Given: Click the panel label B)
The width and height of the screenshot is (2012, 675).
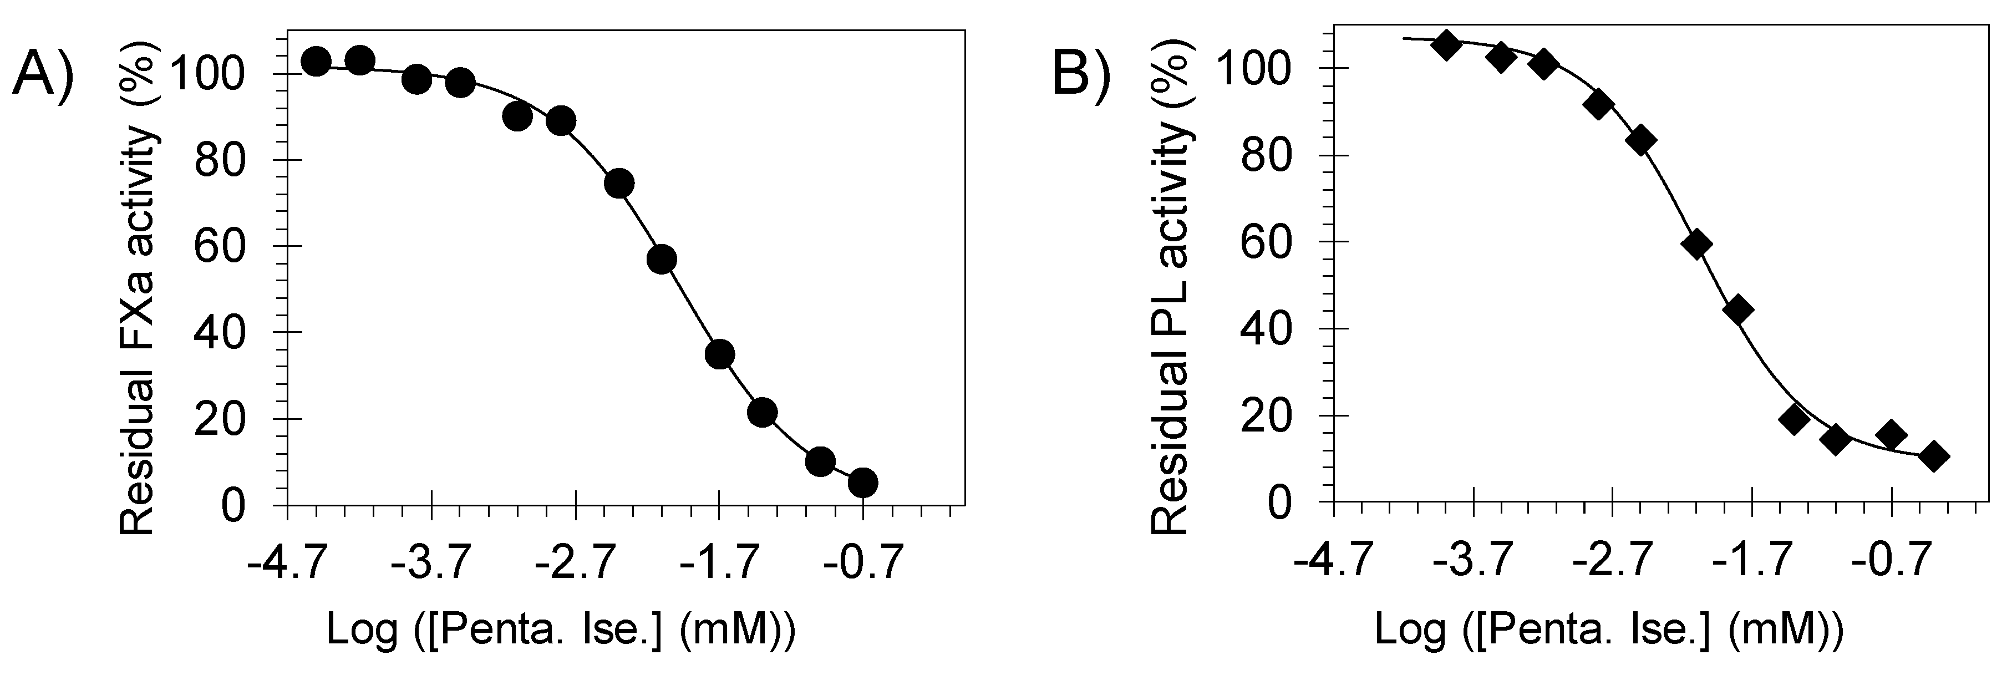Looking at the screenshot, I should pyautogui.click(x=1083, y=76).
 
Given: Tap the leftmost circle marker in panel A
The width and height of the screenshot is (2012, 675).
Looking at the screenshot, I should pyautogui.click(x=316, y=61).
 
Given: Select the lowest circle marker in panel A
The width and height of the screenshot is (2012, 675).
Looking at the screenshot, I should pyautogui.click(x=862, y=483).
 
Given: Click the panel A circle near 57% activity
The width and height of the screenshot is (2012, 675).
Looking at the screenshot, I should pyautogui.click(x=662, y=260).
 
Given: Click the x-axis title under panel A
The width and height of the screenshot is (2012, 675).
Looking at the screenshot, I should pyautogui.click(x=561, y=631).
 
